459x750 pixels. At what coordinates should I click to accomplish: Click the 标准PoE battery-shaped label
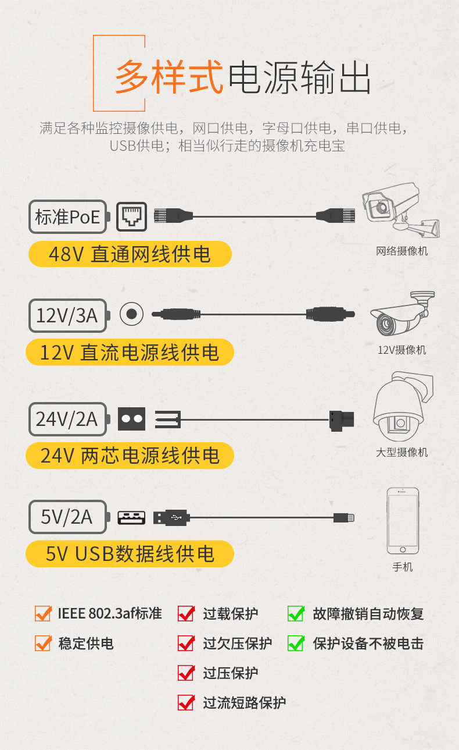pyautogui.click(x=68, y=218)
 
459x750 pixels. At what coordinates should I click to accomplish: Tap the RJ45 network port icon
pyautogui.click(x=132, y=218)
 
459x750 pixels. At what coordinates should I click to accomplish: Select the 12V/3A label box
pyautogui.click(x=68, y=315)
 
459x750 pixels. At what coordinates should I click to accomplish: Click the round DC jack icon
pyautogui.click(x=131, y=315)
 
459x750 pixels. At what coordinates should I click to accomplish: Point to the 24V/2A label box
pyautogui.click(x=68, y=419)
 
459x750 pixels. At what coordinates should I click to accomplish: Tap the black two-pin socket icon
pyautogui.click(x=131, y=419)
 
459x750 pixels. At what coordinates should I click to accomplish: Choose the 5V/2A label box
pyautogui.click(x=68, y=517)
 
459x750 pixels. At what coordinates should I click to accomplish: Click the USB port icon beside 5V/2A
pyautogui.click(x=131, y=517)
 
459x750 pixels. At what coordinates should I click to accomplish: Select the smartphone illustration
pyautogui.click(x=403, y=521)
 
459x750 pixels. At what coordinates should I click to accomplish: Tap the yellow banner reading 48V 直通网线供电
pyautogui.click(x=130, y=254)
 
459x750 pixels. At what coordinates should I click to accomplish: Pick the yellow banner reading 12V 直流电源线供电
pyautogui.click(x=130, y=353)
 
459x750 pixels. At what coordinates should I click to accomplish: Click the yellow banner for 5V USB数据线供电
pyautogui.click(x=130, y=554)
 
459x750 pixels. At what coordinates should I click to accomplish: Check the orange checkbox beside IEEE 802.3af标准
pyautogui.click(x=43, y=613)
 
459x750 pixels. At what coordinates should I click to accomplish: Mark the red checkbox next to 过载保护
pyautogui.click(x=186, y=613)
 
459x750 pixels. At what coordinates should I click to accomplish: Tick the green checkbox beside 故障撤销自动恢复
pyautogui.click(x=296, y=613)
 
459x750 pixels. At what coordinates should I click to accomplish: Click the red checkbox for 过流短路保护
pyautogui.click(x=186, y=702)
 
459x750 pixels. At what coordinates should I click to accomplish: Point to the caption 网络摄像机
pyautogui.click(x=401, y=251)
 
